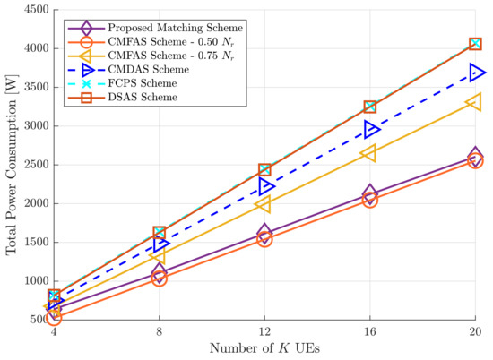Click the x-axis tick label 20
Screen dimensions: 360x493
475,332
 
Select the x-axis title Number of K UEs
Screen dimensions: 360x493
265,349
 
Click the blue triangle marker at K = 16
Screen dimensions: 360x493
370,130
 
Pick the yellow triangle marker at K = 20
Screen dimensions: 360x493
475,103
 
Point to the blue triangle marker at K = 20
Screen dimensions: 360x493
475,73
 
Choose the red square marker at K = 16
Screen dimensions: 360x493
370,107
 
